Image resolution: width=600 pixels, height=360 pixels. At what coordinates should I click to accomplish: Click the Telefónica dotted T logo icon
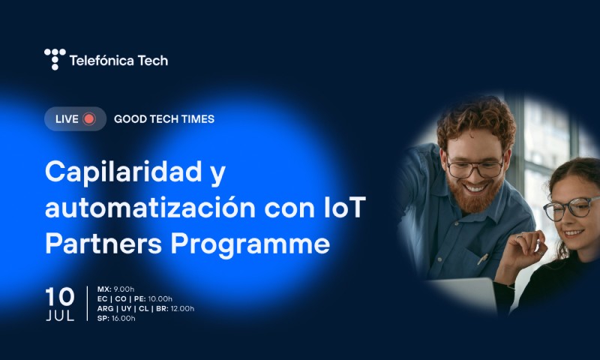[x=55, y=59]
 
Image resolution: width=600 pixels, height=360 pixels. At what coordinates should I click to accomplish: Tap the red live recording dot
[x=89, y=118]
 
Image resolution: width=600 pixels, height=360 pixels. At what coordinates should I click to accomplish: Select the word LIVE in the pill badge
[x=67, y=118]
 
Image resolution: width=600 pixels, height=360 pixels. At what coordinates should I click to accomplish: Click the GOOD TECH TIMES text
[x=163, y=118]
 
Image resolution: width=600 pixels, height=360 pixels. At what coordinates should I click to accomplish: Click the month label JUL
[x=60, y=315]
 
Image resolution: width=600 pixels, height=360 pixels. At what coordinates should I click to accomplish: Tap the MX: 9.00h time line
[x=115, y=289]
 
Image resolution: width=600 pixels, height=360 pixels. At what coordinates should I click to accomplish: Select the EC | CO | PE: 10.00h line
[x=134, y=298]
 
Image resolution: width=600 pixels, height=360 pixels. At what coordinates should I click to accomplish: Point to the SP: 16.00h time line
[x=116, y=318]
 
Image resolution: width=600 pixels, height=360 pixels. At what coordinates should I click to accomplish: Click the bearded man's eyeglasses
[x=474, y=166]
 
